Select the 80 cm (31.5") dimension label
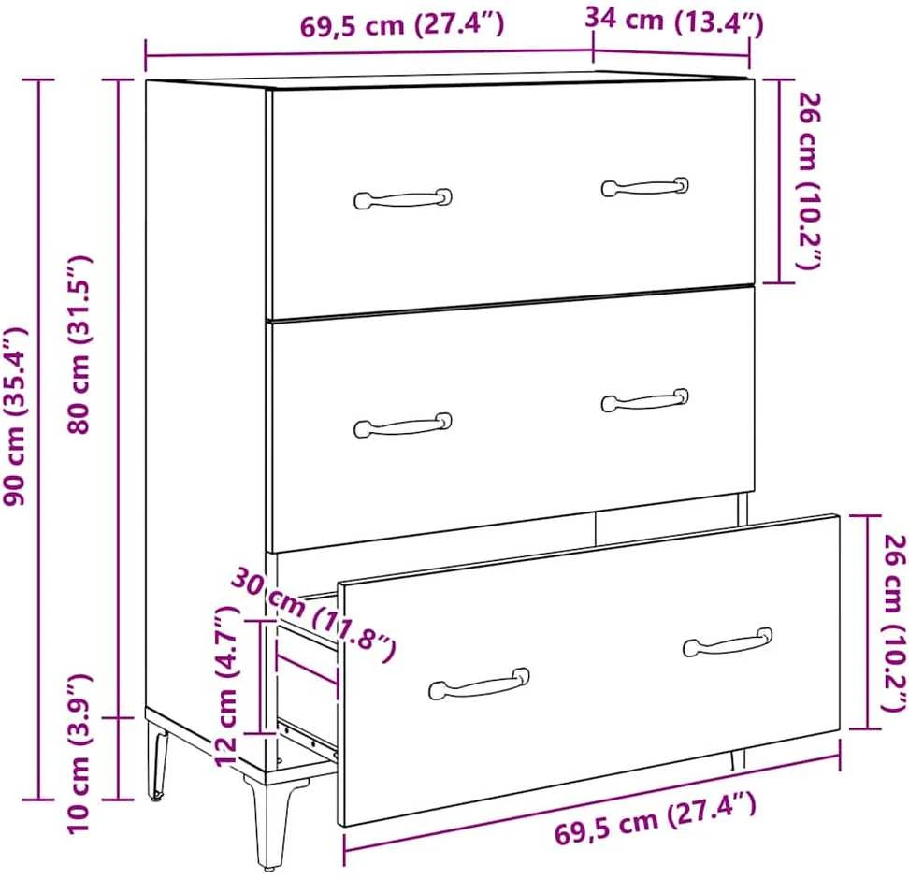[x=79, y=344]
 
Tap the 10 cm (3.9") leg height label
[x=79, y=754]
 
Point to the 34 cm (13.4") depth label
[x=673, y=22]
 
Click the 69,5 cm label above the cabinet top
[x=402, y=24]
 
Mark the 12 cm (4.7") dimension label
[x=226, y=686]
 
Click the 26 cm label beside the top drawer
[x=809, y=180]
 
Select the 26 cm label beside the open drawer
[x=893, y=623]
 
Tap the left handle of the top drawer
[x=403, y=198]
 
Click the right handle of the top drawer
[x=644, y=187]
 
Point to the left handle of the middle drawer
[x=403, y=425]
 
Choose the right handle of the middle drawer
[x=644, y=400]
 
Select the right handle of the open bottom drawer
[x=728, y=642]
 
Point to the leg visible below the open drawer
[x=738, y=759]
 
